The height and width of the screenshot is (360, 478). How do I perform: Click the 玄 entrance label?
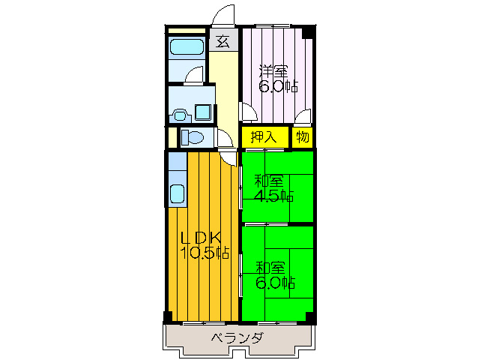pyautogui.click(x=223, y=42)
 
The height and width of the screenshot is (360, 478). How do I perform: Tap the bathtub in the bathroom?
pyautogui.click(x=187, y=47)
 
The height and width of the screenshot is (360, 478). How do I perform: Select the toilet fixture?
pyautogui.click(x=192, y=137)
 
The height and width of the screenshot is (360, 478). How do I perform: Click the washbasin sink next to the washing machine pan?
pyautogui.click(x=180, y=115)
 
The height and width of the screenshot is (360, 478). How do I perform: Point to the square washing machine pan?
pyautogui.click(x=203, y=112)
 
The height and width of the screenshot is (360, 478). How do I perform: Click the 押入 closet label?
pyautogui.click(x=264, y=137)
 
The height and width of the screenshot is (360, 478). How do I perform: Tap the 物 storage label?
pyautogui.click(x=303, y=137)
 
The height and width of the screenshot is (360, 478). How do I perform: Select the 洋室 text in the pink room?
pyautogui.click(x=273, y=72)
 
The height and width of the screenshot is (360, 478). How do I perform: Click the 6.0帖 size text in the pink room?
pyautogui.click(x=278, y=87)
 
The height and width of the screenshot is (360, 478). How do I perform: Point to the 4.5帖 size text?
pyautogui.click(x=273, y=196)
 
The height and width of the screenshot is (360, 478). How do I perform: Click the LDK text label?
pyautogui.click(x=201, y=238)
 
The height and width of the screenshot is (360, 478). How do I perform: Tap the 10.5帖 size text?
pyautogui.click(x=205, y=253)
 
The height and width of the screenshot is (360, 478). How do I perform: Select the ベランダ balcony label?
pyautogui.click(x=237, y=338)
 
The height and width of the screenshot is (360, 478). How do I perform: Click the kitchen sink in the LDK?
pyautogui.click(x=177, y=194)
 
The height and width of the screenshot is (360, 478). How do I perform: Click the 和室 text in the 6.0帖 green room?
pyautogui.click(x=270, y=268)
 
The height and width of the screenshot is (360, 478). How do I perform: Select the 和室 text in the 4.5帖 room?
pyautogui.click(x=269, y=181)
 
